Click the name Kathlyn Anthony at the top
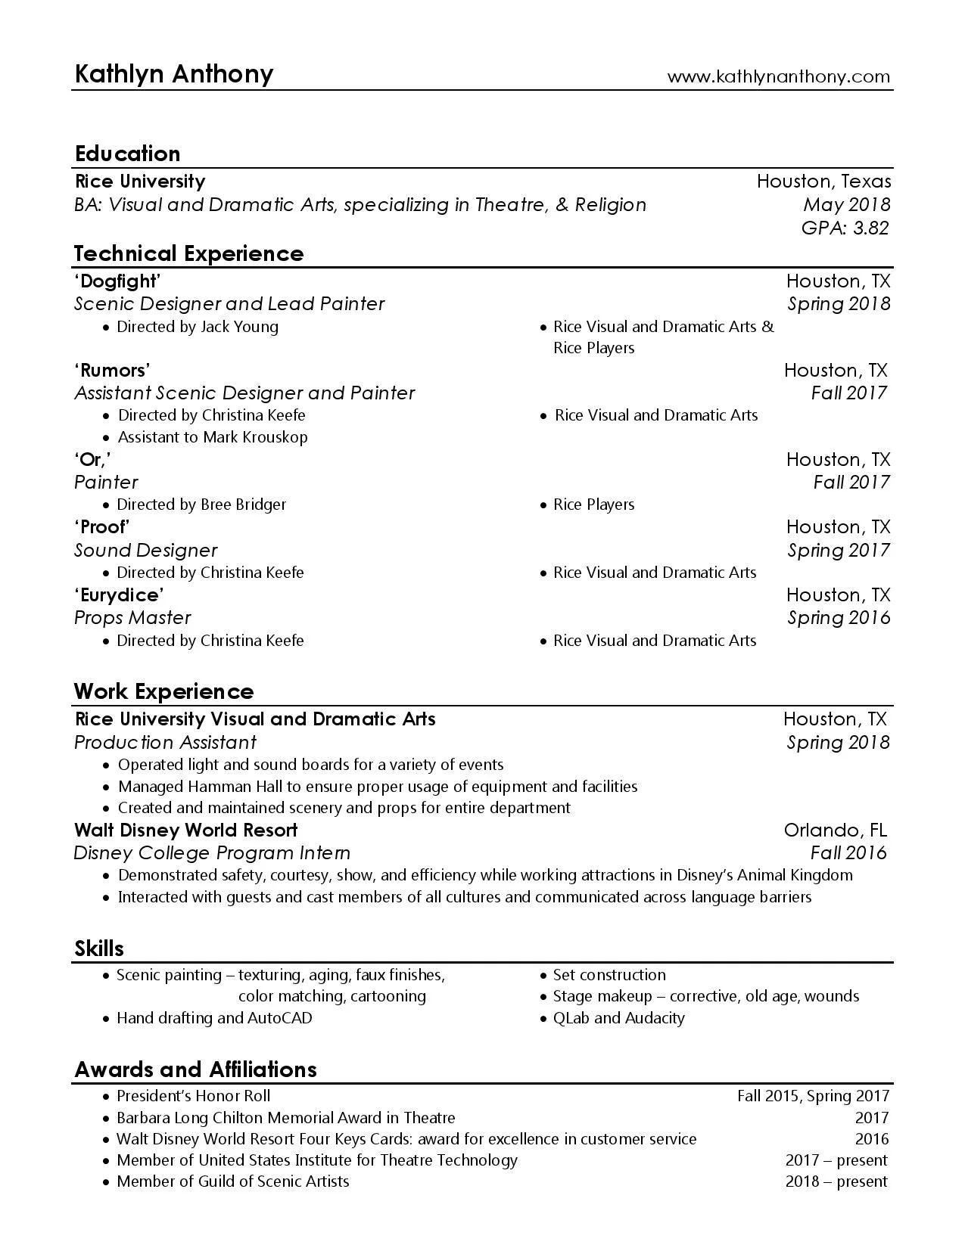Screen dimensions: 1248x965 pyautogui.click(x=174, y=74)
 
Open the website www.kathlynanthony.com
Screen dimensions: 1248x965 pyautogui.click(x=778, y=77)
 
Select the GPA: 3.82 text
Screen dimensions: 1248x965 pyautogui.click(x=845, y=228)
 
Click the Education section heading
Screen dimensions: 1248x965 pyautogui.click(x=127, y=154)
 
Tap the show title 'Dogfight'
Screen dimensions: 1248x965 pyautogui.click(x=117, y=281)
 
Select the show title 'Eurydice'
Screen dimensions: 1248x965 pyautogui.click(x=119, y=595)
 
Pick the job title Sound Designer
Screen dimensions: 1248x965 pyautogui.click(x=145, y=551)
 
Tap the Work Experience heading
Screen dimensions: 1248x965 pyautogui.click(x=163, y=691)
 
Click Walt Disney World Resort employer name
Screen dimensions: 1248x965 pyautogui.click(x=185, y=830)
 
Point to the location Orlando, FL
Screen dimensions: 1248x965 pyautogui.click(x=835, y=830)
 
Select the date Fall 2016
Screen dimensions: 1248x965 pyautogui.click(x=848, y=853)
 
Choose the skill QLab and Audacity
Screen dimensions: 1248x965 pyautogui.click(x=618, y=1018)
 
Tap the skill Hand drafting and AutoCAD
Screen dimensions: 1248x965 pyautogui.click(x=214, y=1018)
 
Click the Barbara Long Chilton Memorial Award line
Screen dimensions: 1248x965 pyautogui.click(x=285, y=1118)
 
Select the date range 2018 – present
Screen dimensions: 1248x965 pyautogui.click(x=836, y=1181)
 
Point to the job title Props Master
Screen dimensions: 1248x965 pyautogui.click(x=132, y=618)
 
